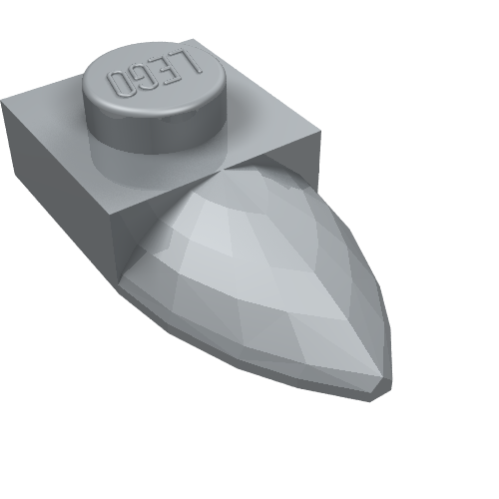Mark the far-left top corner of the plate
[2, 100]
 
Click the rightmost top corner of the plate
[320, 132]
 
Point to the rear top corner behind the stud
[195, 39]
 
